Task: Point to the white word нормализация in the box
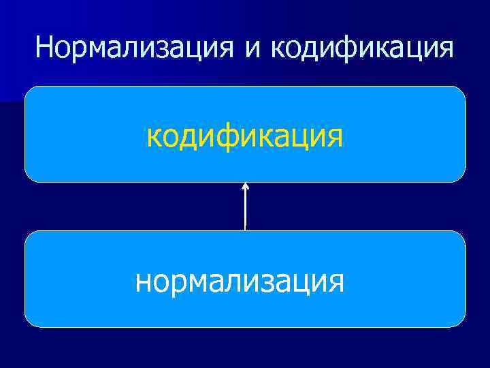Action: coord(240,280)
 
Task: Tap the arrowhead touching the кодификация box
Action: coord(245,185)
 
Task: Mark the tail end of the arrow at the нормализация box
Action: coord(245,229)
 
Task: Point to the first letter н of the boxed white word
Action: coord(144,280)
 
